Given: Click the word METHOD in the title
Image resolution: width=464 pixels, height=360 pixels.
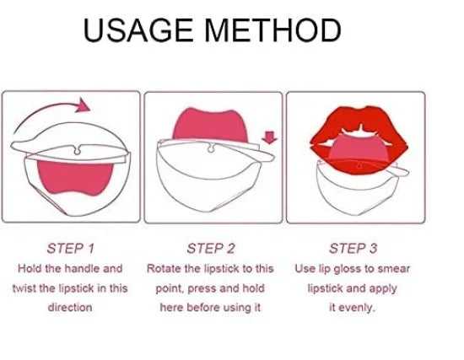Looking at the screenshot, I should (274, 32).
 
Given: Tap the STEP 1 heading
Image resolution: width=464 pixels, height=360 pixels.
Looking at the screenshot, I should (70, 248).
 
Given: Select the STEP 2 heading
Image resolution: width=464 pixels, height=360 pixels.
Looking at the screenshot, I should (211, 248).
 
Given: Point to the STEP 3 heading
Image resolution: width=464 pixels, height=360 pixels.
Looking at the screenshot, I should (353, 248).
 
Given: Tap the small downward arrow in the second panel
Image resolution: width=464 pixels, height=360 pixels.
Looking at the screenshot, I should (270, 136).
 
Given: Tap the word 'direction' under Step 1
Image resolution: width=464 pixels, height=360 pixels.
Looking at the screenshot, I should (69, 307).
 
